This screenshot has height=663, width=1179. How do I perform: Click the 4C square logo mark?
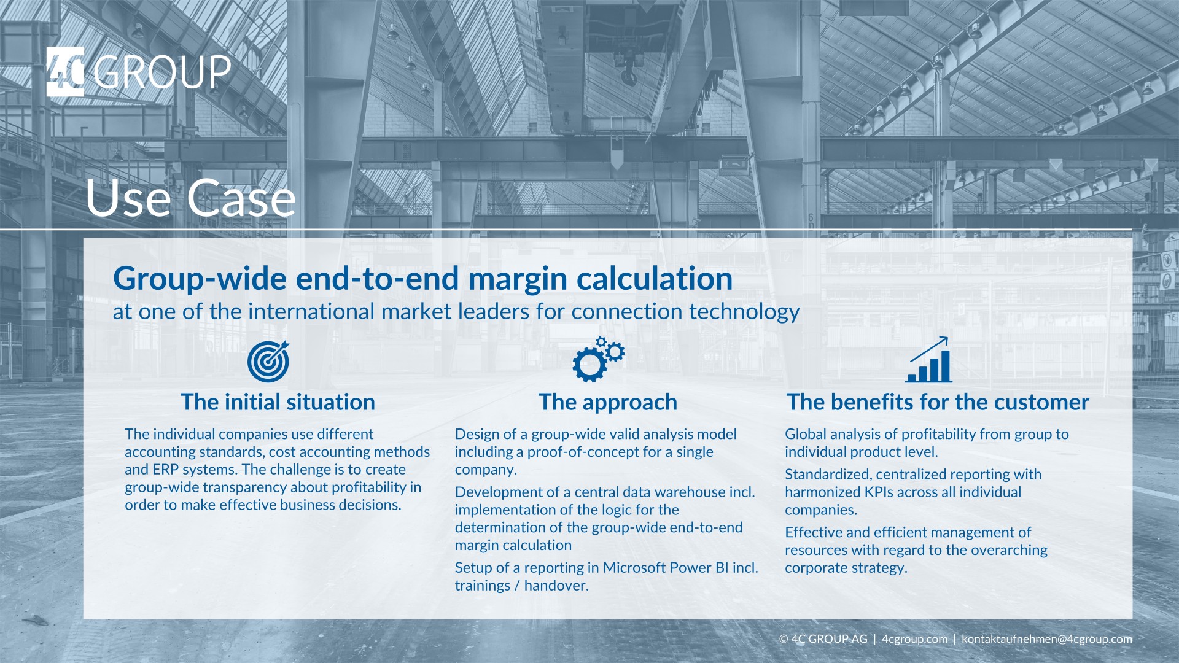point(65,72)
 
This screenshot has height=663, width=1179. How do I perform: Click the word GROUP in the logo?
point(163,72)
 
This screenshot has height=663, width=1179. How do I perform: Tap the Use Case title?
point(190,198)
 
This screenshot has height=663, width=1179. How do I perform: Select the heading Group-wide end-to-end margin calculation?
point(422,278)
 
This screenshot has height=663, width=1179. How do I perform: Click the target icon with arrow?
point(268,361)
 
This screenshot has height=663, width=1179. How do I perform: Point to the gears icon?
point(597,360)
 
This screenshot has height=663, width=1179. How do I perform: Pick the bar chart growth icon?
point(929,361)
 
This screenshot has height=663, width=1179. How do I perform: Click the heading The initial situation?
point(278,402)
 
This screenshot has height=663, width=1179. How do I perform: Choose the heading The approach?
point(608,402)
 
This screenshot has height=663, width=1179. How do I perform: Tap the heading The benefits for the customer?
point(938,402)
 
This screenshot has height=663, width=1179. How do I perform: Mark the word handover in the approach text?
point(556,586)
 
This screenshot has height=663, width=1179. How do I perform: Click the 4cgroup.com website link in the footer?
point(914,639)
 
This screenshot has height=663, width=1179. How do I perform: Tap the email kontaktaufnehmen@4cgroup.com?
point(1046,639)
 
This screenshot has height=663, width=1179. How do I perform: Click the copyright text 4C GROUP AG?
point(829,639)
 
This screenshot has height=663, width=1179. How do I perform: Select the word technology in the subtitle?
point(744,312)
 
